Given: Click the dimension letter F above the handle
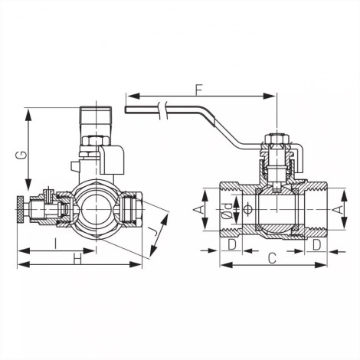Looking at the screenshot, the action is [x=199, y=89].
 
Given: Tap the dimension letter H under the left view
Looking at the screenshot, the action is [x=77, y=260].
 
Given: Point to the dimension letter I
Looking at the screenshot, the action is [x=56, y=243].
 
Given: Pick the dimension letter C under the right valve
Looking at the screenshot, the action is [x=273, y=259].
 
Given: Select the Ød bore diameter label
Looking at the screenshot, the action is [x=227, y=211].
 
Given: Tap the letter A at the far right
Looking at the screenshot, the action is [x=338, y=209].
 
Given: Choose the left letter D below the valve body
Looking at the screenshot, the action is [x=232, y=244].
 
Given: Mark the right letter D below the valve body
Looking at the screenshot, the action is [x=316, y=244].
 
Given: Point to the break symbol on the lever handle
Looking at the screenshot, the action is [x=163, y=110].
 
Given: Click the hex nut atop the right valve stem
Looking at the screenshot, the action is [x=277, y=139].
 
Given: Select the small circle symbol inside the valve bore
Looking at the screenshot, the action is [x=247, y=209].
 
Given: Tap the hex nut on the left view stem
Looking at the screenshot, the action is [x=96, y=141].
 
